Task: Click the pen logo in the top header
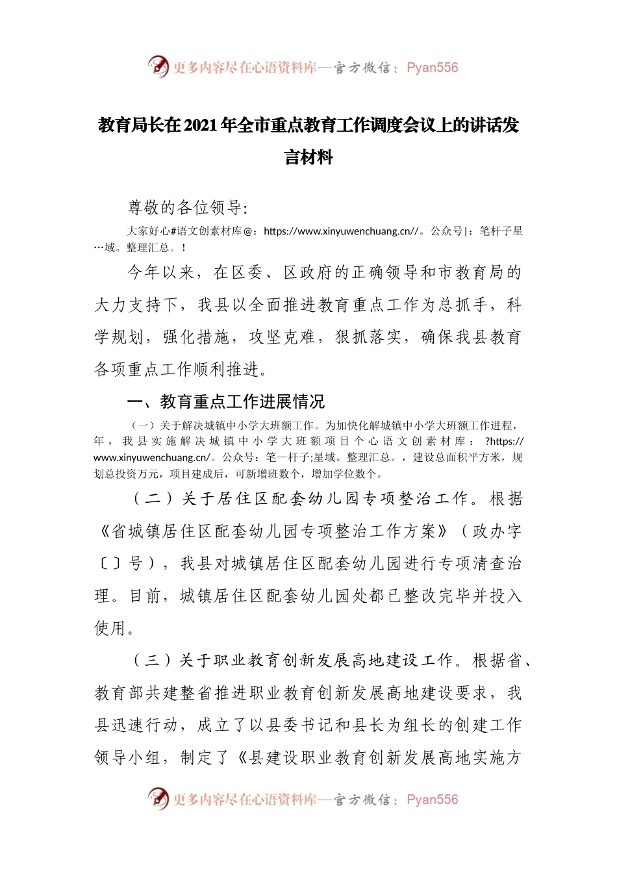click(x=158, y=66)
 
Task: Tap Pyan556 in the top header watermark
click(x=432, y=68)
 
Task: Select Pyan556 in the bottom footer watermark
click(x=432, y=800)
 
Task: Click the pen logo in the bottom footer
click(x=158, y=798)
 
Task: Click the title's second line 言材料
click(x=308, y=157)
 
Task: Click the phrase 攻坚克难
click(x=282, y=337)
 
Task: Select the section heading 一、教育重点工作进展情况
click(x=225, y=401)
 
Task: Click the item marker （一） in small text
click(x=143, y=426)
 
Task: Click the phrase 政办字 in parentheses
click(x=497, y=531)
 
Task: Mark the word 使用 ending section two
click(x=110, y=628)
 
